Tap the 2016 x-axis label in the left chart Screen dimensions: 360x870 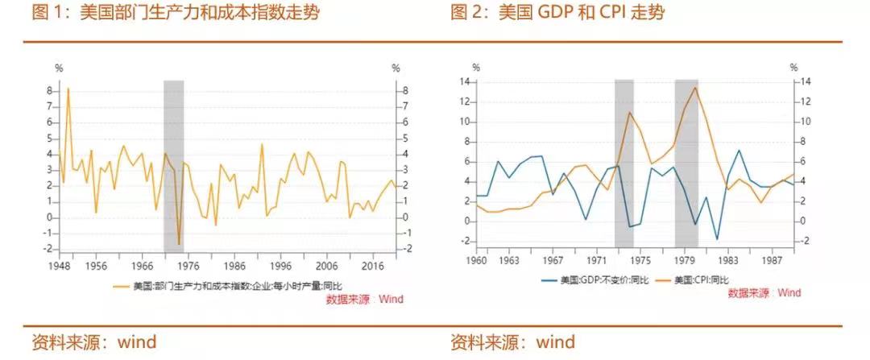pyautogui.click(x=373, y=265)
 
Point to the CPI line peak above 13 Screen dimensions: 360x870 pyautogui.click(x=695, y=87)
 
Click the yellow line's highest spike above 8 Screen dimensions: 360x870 pyautogui.click(x=68, y=88)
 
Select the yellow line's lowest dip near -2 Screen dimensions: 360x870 pyautogui.click(x=179, y=244)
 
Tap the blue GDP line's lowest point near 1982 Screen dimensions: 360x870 pyautogui.click(x=717, y=239)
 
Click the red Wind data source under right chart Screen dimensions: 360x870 pyautogui.click(x=764, y=293)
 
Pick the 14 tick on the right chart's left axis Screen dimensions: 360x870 pyautogui.click(x=464, y=82)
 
